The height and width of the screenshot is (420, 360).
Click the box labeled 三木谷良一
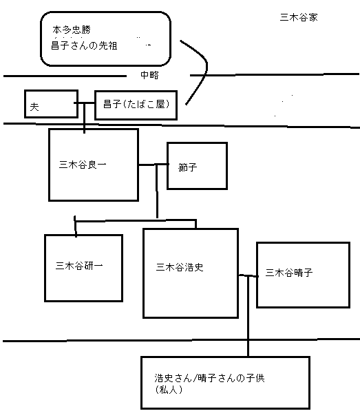pos(93,165)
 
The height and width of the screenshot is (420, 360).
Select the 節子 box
pos(197,166)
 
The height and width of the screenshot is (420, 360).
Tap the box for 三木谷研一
pos(83,268)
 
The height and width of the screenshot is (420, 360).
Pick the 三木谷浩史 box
pos(189,273)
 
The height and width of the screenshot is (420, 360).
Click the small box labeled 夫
pos(50,104)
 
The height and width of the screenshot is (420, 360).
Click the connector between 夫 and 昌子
pos(86,104)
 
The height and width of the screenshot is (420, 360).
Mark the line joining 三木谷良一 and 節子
pos(152,165)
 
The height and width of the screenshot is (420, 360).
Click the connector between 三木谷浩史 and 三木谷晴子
pos(247,275)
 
